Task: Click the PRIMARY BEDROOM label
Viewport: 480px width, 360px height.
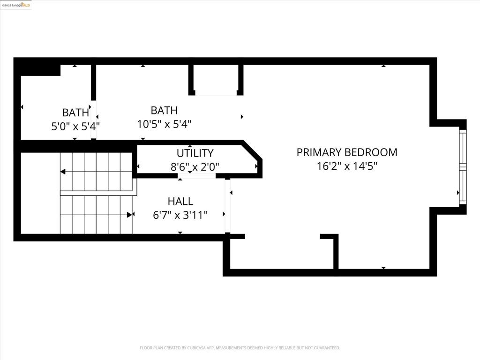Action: (x=347, y=152)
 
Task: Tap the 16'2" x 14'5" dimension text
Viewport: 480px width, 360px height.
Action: (x=347, y=166)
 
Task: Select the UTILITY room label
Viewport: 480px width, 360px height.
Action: (x=195, y=153)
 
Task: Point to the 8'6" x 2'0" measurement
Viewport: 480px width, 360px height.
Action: (x=195, y=166)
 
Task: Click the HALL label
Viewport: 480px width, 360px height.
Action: (x=180, y=202)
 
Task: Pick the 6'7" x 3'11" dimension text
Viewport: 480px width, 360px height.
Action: (x=180, y=215)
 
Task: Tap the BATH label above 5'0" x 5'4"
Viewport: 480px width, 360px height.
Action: (x=75, y=112)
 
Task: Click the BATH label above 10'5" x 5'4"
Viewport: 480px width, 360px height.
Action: (x=164, y=111)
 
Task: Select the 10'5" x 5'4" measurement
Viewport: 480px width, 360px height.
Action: (x=164, y=124)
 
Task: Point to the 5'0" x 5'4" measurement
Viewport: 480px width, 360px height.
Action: (x=75, y=126)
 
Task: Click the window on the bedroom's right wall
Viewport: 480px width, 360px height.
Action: (x=463, y=167)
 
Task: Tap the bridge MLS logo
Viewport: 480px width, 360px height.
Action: (x=16, y=5)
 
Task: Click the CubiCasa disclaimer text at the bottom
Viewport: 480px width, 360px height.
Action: (x=240, y=348)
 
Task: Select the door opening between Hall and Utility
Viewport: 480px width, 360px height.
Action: (x=196, y=177)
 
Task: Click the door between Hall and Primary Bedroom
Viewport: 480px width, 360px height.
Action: (x=228, y=206)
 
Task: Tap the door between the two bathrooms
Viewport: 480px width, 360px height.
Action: (x=93, y=120)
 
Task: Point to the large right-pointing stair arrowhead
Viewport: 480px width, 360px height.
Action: (x=129, y=215)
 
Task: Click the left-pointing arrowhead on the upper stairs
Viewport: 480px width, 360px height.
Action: (x=63, y=172)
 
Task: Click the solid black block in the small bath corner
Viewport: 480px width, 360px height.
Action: (x=40, y=69)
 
